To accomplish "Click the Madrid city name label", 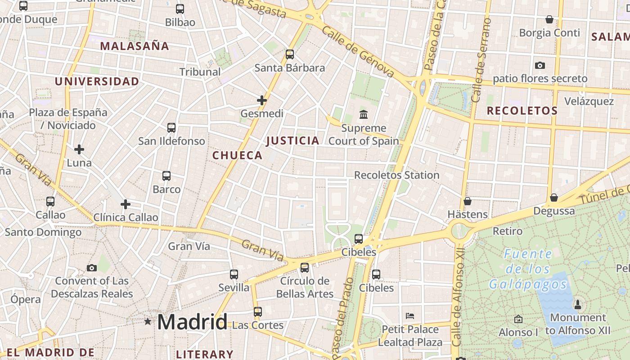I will (192, 322).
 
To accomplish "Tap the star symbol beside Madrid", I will (148, 321).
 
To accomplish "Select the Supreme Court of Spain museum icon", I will (364, 114).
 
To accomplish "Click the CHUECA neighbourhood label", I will (237, 156).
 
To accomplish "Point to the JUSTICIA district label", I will (292, 141).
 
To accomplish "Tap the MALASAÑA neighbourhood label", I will (135, 46).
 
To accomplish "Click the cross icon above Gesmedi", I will (262, 100).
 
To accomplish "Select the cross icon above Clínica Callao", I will (126, 204).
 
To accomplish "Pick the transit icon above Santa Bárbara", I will (290, 54).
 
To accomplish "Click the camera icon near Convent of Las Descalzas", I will (92, 268).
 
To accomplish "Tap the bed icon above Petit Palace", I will (410, 315).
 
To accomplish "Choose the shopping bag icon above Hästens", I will (468, 201).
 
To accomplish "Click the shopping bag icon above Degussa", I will (554, 198).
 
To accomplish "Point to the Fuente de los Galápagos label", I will (528, 269).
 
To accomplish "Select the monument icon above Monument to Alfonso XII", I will (578, 305).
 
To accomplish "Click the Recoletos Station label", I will (396, 175).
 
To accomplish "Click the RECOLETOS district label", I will (522, 111).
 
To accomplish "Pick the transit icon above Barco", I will (166, 176).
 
